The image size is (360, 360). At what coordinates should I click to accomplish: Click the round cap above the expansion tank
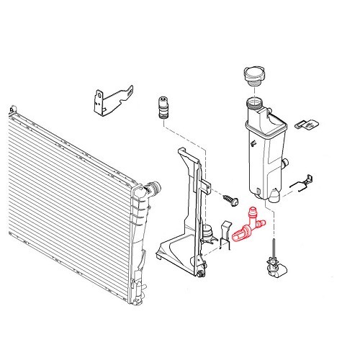[x=257, y=78]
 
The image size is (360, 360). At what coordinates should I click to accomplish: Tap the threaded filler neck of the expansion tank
[x=256, y=102]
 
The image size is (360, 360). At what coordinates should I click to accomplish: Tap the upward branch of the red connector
[x=252, y=214]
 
